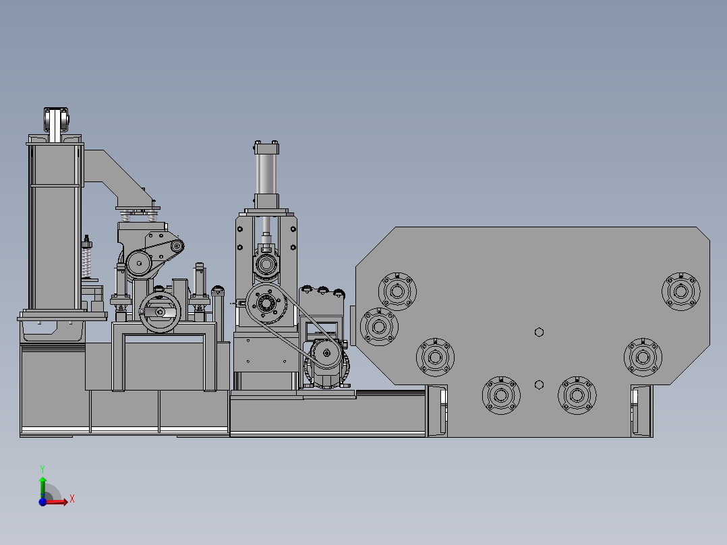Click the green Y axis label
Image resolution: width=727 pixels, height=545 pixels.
(42, 469)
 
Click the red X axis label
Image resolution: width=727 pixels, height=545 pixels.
(72, 499)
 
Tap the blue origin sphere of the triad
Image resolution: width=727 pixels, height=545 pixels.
(42, 502)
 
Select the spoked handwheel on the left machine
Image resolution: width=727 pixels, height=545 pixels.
(160, 312)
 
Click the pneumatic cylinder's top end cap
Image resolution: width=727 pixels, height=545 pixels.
(266, 148)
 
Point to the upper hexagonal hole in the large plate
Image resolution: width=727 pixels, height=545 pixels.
(539, 332)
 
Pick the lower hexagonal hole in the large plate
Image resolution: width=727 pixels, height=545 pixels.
(539, 384)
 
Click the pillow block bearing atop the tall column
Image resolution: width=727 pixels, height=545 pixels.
(56, 119)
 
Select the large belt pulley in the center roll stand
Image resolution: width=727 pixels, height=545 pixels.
(266, 304)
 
